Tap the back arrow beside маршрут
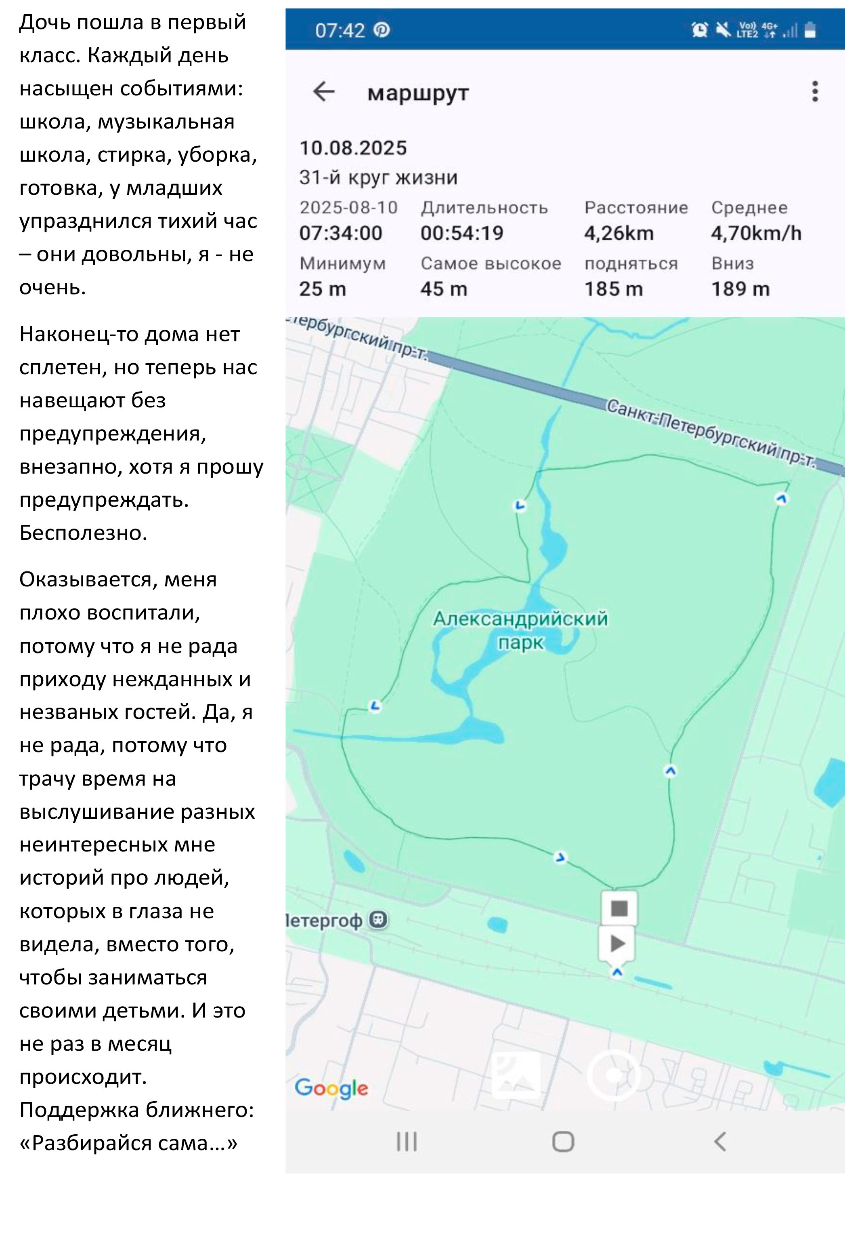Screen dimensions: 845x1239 point(323,92)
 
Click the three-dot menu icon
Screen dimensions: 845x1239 point(815,92)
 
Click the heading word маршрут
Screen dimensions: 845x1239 point(418,93)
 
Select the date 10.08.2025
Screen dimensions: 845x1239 point(353,147)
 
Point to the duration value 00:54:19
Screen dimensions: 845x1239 point(462,233)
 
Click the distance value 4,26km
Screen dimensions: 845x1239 point(619,233)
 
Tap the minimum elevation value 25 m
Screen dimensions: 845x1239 point(322,289)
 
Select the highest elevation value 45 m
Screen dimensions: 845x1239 point(444,289)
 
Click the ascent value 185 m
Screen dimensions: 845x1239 point(614,289)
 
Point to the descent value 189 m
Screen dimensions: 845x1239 point(740,289)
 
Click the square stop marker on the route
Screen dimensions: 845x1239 point(619,908)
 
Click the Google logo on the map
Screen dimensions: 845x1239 point(331,1087)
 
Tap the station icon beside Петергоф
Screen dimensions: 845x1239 point(379,920)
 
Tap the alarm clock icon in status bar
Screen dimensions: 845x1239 point(700,30)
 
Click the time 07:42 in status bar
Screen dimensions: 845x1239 point(340,30)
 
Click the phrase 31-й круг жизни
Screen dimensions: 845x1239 point(378,177)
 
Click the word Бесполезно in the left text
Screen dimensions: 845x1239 point(83,533)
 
